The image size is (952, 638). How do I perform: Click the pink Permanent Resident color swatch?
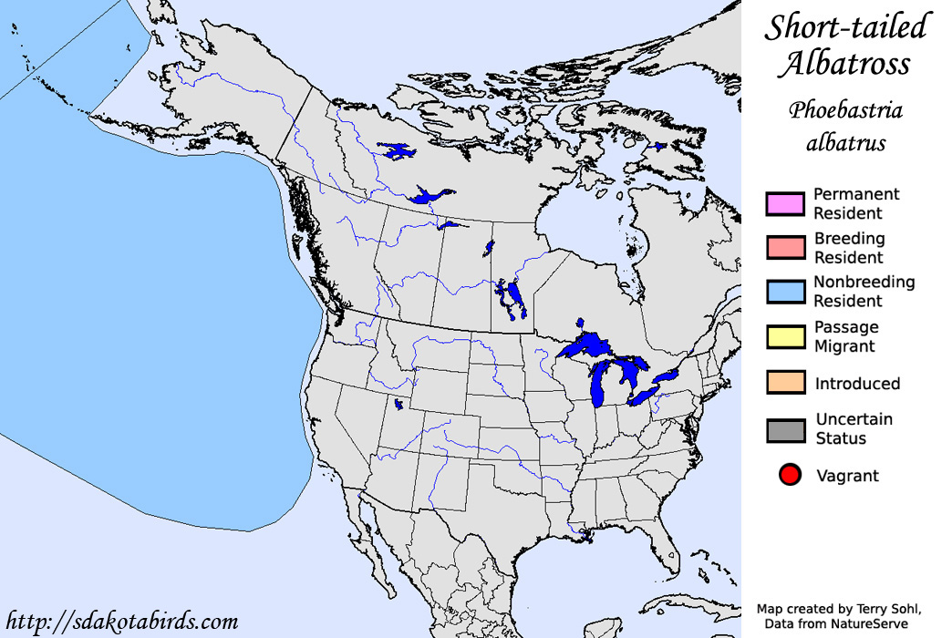pyautogui.click(x=785, y=204)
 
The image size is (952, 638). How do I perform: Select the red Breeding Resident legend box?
pyautogui.click(x=785, y=248)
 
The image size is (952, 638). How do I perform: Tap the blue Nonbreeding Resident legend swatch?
pyautogui.click(x=785, y=292)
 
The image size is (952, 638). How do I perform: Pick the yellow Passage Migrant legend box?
pyautogui.click(x=785, y=336)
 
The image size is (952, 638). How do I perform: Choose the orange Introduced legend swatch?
pyautogui.click(x=785, y=383)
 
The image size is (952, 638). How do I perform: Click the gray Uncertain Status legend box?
pyautogui.click(x=785, y=429)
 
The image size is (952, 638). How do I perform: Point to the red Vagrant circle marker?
pyautogui.click(x=790, y=475)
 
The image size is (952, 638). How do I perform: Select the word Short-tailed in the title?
pyautogui.click(x=845, y=27)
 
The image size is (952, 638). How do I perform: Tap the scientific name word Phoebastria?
pyautogui.click(x=845, y=111)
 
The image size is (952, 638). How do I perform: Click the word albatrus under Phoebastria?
pyautogui.click(x=845, y=143)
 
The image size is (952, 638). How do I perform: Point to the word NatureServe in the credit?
pyautogui.click(x=866, y=623)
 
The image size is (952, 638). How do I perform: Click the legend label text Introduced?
pyautogui.click(x=857, y=384)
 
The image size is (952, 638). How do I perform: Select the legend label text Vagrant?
pyautogui.click(x=847, y=476)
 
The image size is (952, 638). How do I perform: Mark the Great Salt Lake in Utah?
pyautogui.click(x=399, y=404)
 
